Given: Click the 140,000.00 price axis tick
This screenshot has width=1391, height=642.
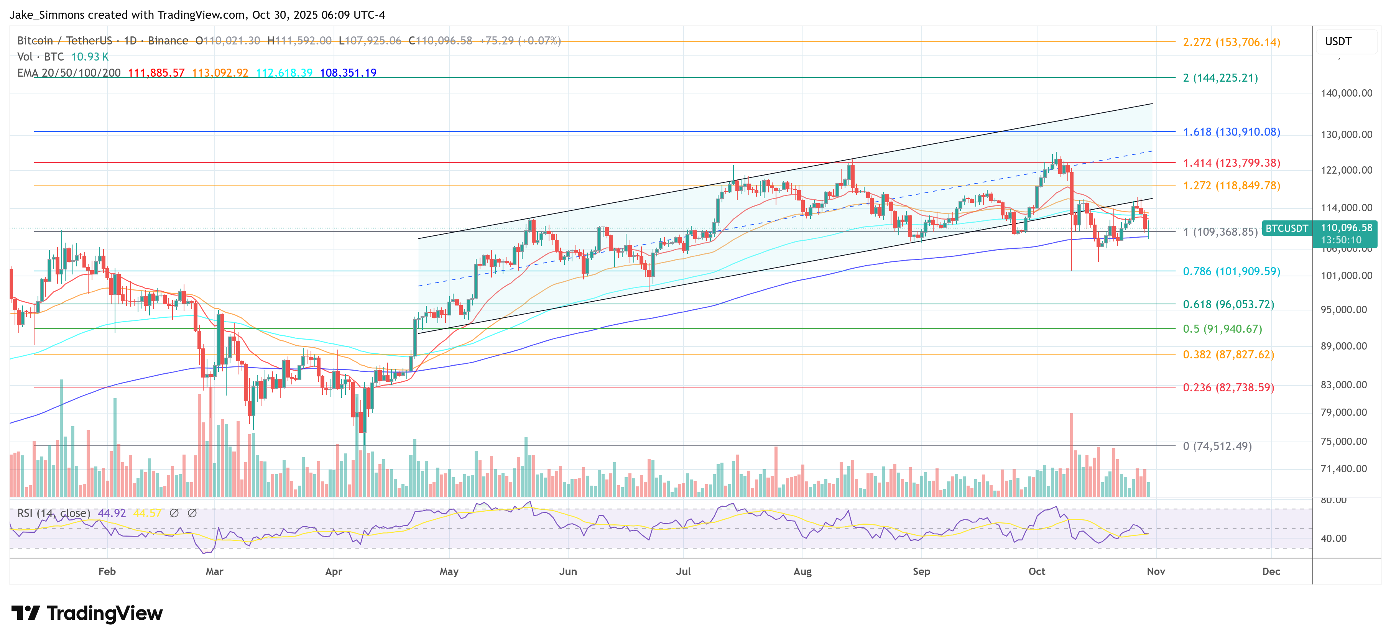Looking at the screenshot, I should pyautogui.click(x=1346, y=93).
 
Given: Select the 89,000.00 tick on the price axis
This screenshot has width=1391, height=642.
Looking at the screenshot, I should pyautogui.click(x=1343, y=346).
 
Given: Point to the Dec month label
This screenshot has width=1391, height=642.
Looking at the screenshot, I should pyautogui.click(x=1271, y=571).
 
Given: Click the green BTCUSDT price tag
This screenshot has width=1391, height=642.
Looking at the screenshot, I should pyautogui.click(x=1286, y=228).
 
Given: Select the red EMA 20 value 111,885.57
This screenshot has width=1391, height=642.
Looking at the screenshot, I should pyautogui.click(x=156, y=72).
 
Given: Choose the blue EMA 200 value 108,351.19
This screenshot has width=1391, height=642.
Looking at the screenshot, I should pyautogui.click(x=348, y=72).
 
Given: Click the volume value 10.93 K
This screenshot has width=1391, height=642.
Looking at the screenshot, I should pyautogui.click(x=90, y=57).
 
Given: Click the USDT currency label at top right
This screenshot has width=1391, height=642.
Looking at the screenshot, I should pyautogui.click(x=1338, y=41).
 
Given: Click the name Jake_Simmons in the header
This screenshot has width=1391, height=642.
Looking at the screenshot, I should pyautogui.click(x=47, y=15).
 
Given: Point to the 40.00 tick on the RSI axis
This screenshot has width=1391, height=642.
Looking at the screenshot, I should pyautogui.click(x=1333, y=539).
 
